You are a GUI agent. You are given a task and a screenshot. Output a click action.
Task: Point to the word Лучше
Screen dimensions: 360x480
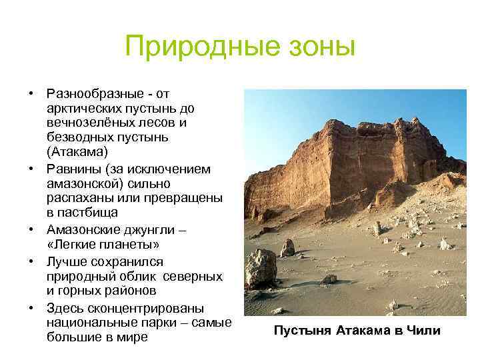click(x=66, y=261)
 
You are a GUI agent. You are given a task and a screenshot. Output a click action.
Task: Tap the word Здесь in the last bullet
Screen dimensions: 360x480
click(x=66, y=307)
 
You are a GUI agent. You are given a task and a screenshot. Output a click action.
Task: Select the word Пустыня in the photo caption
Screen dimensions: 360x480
click(x=303, y=331)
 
